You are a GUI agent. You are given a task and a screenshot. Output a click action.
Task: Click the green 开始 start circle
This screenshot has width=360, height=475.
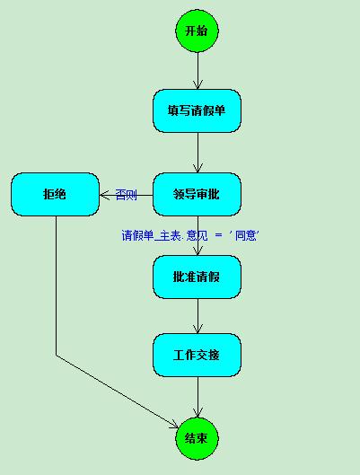198,31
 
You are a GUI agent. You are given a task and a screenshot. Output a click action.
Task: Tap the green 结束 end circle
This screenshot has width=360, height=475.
198,438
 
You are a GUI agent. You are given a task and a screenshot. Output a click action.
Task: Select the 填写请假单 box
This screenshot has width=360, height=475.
198,110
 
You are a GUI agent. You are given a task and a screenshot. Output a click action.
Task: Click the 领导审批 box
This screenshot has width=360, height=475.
198,195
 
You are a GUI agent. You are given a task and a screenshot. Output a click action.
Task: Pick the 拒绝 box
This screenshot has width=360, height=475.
55,195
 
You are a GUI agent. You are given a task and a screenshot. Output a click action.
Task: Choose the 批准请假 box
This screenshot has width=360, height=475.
198,277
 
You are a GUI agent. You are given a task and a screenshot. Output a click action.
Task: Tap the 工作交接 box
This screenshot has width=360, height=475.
198,355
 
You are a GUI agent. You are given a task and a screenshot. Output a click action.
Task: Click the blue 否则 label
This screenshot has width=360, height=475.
127,195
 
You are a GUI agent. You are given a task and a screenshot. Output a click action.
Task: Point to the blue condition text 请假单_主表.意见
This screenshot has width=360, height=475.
164,235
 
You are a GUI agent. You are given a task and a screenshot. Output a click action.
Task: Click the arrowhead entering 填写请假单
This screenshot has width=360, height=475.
198,85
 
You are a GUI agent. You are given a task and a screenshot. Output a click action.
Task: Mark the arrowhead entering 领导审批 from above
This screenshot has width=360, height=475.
198,169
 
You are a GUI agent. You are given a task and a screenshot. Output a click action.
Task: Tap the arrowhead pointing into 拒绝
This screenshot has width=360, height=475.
103,196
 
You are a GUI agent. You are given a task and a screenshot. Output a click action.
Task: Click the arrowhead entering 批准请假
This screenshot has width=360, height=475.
198,251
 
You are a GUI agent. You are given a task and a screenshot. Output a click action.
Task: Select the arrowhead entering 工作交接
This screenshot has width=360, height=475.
198,330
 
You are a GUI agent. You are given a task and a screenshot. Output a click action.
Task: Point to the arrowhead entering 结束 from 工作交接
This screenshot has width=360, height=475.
198,414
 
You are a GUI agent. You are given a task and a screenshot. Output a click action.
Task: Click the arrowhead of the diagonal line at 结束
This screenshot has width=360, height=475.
175,425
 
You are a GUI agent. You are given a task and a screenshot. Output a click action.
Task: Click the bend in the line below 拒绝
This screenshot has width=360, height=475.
56,355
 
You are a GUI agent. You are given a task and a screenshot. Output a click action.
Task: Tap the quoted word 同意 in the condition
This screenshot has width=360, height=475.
246,235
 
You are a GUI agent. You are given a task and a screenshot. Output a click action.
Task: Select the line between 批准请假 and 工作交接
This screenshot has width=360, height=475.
198,316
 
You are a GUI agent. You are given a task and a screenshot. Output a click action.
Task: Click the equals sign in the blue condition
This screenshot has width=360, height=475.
219,235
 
